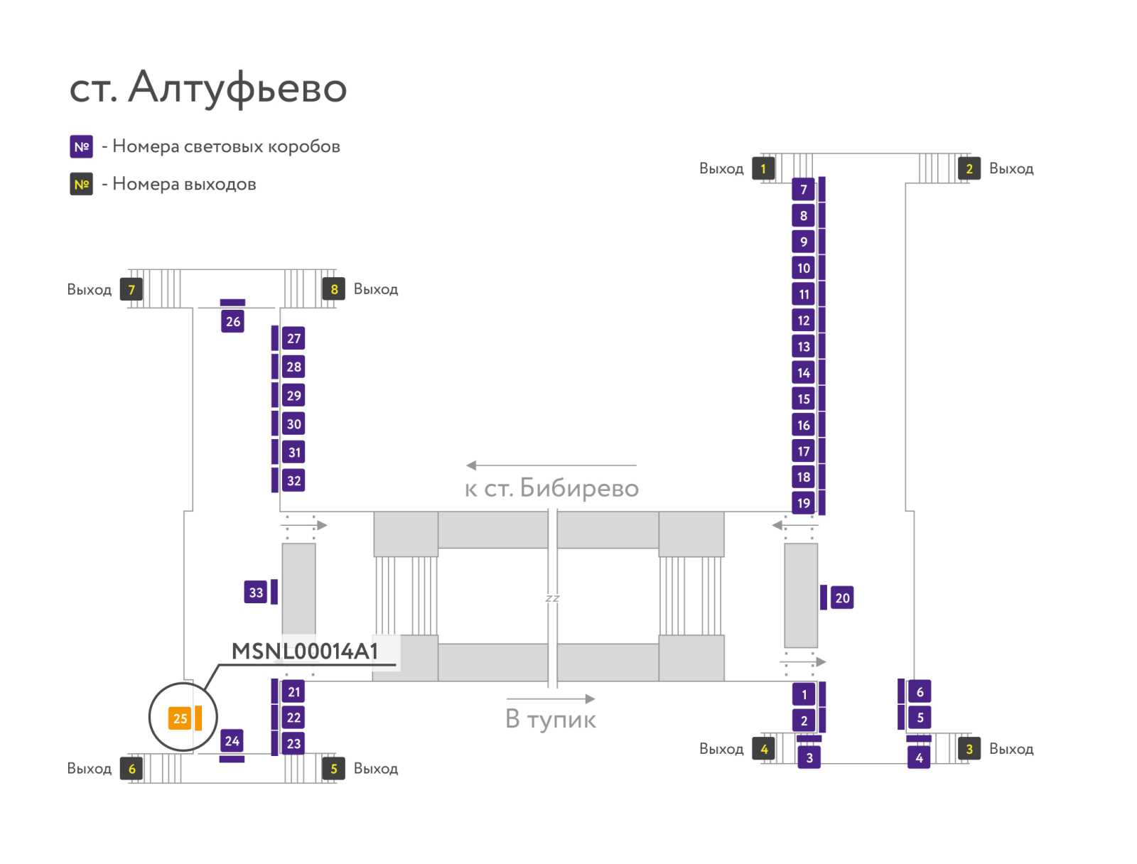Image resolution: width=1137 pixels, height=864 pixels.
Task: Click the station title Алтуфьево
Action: [237, 87]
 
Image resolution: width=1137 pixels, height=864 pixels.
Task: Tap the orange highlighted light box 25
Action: [180, 718]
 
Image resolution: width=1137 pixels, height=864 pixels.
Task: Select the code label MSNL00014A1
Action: [305, 652]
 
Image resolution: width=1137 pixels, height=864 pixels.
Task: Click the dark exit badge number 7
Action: [131, 289]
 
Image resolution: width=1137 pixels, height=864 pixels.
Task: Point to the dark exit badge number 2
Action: [969, 168]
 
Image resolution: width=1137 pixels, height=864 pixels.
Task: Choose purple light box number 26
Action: [232, 321]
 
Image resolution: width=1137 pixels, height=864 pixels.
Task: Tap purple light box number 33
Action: [256, 592]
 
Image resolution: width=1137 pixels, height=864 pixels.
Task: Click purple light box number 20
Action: [842, 598]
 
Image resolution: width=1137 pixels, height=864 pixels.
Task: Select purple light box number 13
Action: [804, 346]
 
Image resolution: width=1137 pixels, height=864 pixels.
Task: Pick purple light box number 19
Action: [804, 502]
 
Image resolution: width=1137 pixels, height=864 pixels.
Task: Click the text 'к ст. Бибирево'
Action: [551, 488]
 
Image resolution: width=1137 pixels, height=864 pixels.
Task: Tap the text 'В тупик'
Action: [550, 719]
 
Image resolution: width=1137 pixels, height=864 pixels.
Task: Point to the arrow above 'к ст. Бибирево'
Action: [551, 465]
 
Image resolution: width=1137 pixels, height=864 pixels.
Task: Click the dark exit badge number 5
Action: [333, 768]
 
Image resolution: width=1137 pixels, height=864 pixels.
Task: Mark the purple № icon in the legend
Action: [81, 146]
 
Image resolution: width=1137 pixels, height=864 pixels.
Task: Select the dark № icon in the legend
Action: [81, 184]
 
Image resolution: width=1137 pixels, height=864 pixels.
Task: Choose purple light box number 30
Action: [293, 424]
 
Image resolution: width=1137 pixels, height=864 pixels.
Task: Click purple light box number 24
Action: [232, 741]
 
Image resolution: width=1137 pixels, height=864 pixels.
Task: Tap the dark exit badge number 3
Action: [969, 749]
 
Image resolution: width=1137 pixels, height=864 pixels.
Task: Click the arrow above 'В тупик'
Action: [551, 698]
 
